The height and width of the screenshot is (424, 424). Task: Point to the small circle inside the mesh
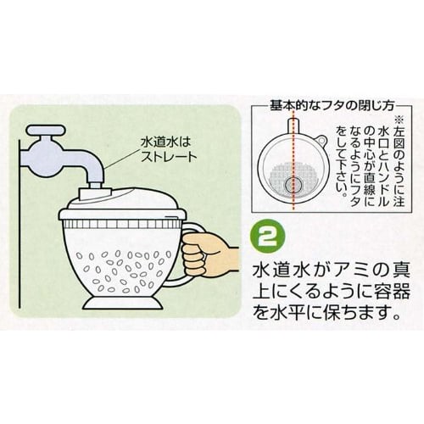(x=294, y=184)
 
